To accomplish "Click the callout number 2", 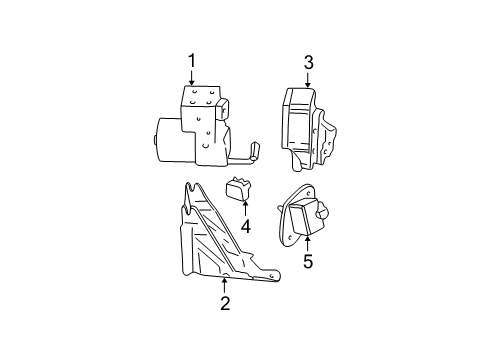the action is point(225,303).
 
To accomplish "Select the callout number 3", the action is point(309,63).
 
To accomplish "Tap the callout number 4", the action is point(243,228).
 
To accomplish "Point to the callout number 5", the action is point(308,263).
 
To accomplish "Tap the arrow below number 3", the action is point(309,79).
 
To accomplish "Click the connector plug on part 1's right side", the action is point(226,111).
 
